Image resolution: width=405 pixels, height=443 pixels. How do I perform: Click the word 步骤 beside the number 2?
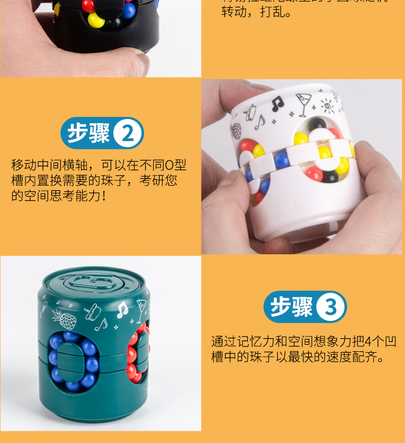89,133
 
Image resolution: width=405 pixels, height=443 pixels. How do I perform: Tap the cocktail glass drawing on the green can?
139,311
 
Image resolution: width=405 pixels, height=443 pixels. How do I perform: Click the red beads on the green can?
135,354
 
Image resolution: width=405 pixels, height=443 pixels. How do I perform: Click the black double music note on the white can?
277,103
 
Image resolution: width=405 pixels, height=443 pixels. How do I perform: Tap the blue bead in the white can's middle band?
280,160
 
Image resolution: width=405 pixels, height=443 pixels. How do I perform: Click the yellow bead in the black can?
95,21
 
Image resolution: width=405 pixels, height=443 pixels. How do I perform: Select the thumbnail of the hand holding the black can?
100,38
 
